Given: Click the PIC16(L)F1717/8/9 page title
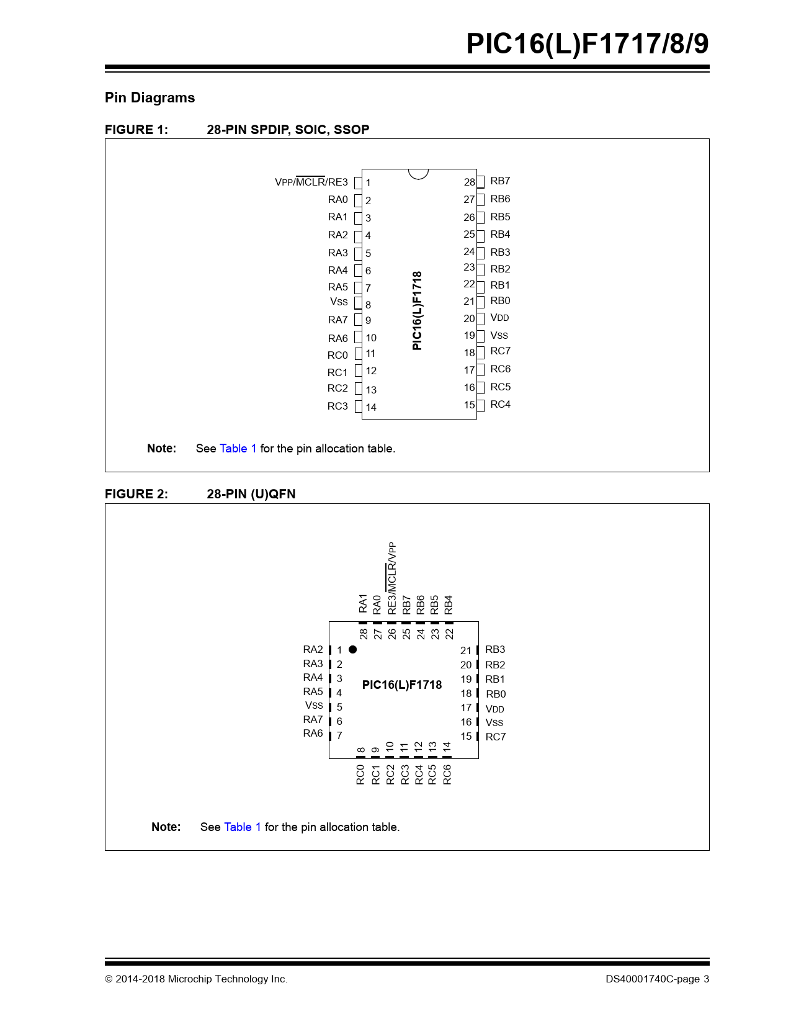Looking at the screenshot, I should click(587, 44).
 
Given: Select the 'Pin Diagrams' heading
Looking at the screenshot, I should click(150, 97).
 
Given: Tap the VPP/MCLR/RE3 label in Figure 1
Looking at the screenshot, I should click(311, 182).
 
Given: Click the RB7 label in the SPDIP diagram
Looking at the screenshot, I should click(500, 181).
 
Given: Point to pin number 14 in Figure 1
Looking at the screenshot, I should click(371, 407).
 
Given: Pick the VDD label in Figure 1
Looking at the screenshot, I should click(499, 318).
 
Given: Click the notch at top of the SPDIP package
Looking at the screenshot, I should click(419, 173).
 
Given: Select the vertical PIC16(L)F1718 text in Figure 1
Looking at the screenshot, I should click(418, 310).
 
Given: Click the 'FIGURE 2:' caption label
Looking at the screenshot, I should click(136, 494).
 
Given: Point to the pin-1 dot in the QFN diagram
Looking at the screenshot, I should click(353, 650).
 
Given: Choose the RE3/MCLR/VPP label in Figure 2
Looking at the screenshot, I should click(392, 578).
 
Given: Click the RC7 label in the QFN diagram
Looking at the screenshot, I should click(496, 737).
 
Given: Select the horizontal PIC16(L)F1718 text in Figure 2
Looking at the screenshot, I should click(402, 685).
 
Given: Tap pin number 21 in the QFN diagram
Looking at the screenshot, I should click(466, 650).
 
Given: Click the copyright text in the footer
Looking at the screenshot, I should click(196, 979).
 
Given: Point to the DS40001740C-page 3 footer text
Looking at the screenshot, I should click(657, 979).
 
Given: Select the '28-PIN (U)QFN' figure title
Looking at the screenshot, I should click(251, 494).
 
